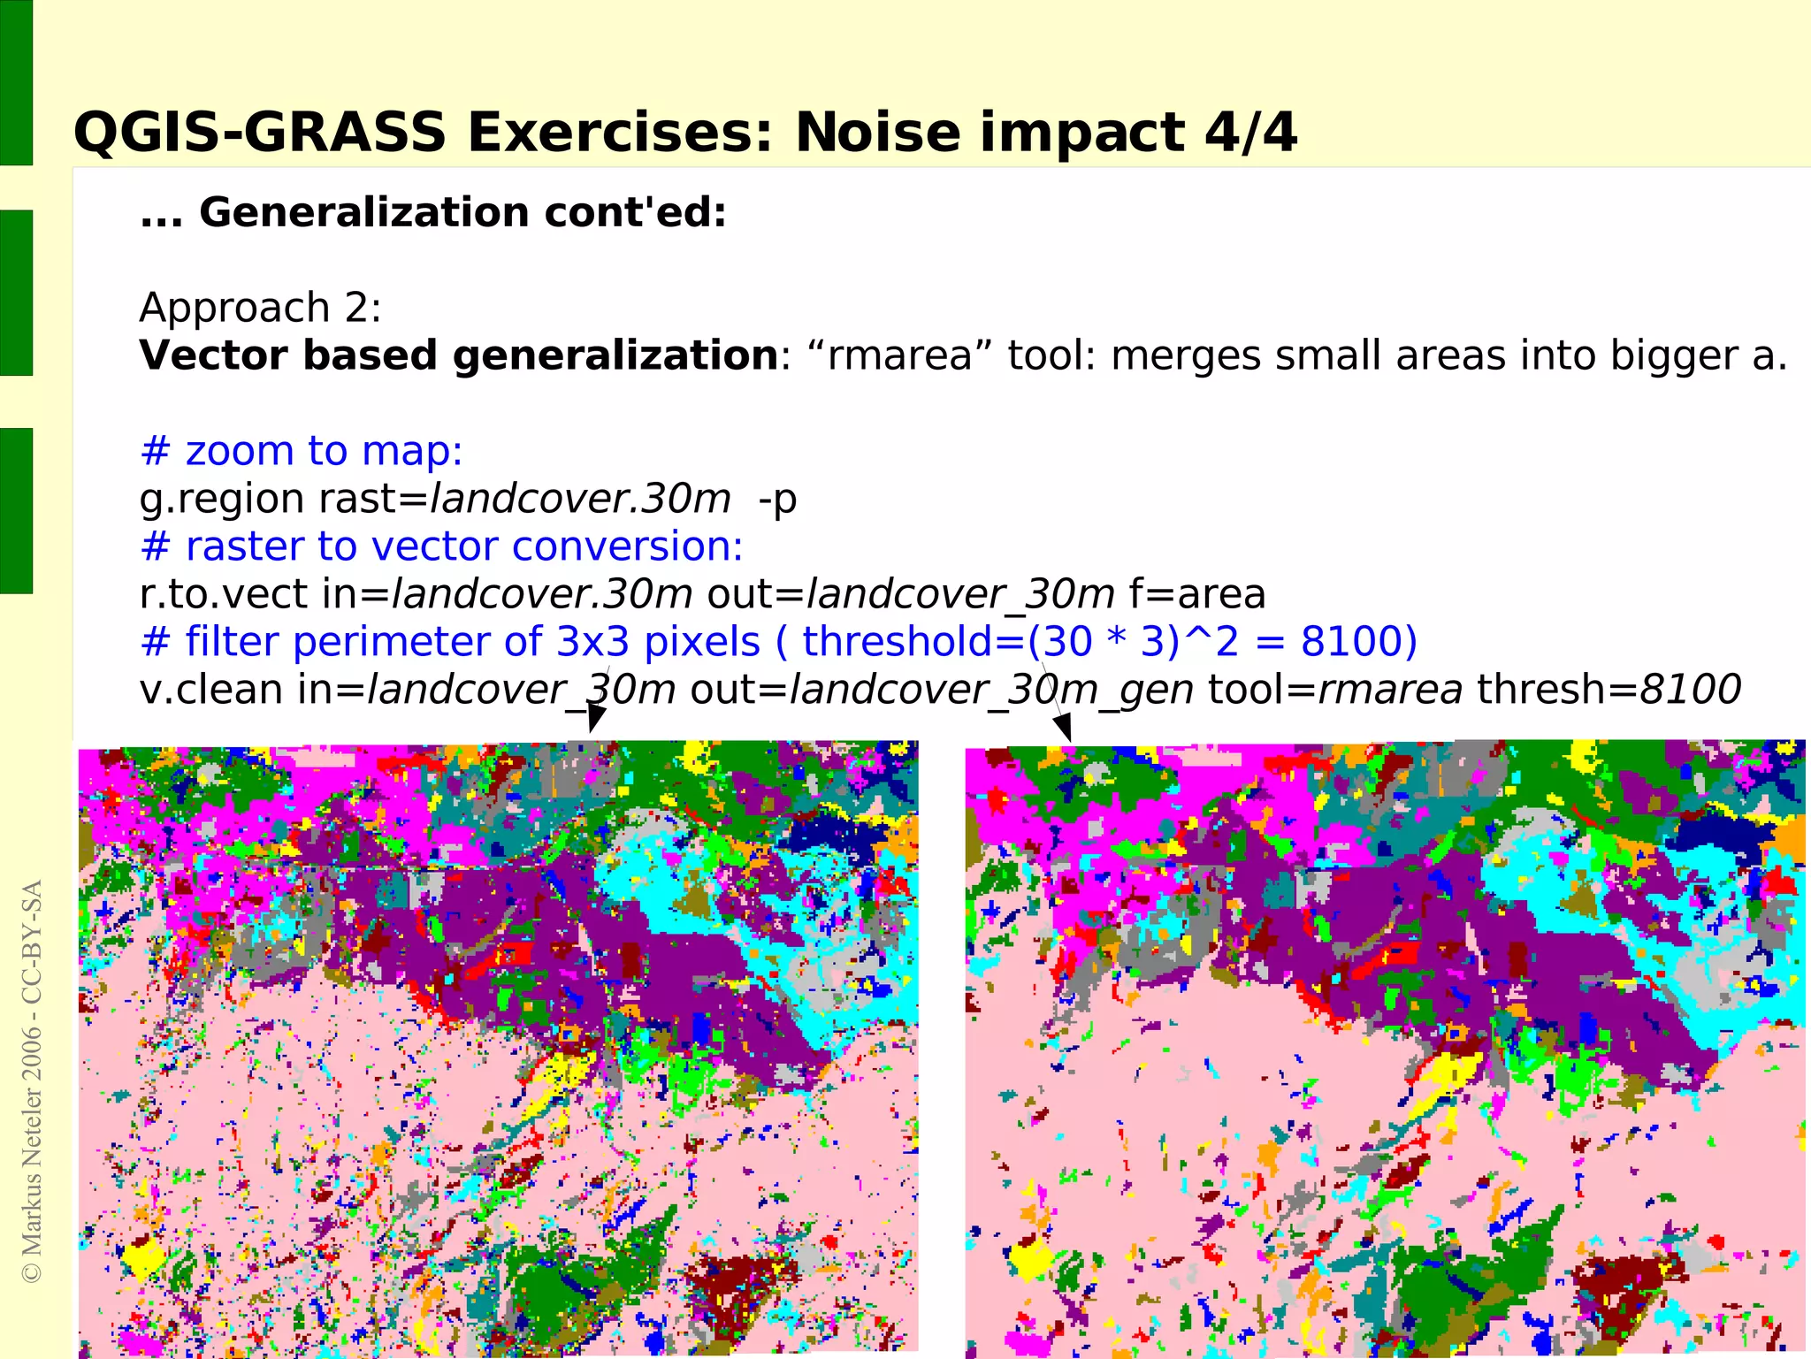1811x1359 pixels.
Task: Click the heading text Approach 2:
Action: [x=260, y=309]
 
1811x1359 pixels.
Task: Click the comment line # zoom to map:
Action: [x=302, y=452]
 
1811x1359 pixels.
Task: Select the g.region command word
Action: [x=222, y=500]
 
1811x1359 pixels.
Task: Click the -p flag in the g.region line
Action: [x=777, y=500]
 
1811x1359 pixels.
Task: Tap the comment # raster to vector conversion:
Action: [x=441, y=547]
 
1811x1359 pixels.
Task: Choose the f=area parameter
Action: [x=1197, y=594]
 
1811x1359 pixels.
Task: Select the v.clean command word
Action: [x=210, y=690]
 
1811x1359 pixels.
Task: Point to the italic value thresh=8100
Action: [x=1609, y=690]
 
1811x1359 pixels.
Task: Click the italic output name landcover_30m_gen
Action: [x=990, y=690]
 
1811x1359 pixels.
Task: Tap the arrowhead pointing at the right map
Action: [x=1064, y=727]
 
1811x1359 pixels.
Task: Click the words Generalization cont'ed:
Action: [x=462, y=213]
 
